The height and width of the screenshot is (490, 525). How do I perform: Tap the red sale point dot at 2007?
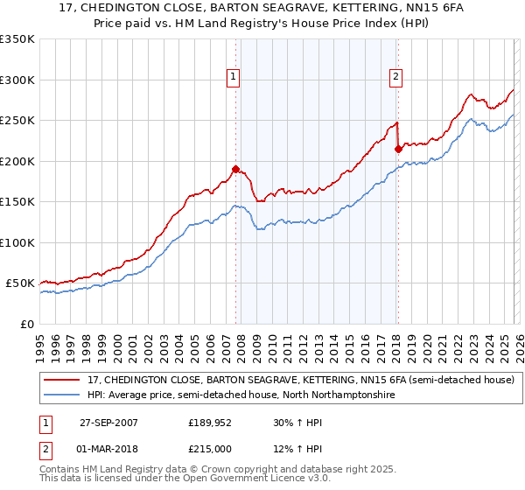point(236,169)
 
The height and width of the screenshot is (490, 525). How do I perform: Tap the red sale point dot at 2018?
point(398,149)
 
